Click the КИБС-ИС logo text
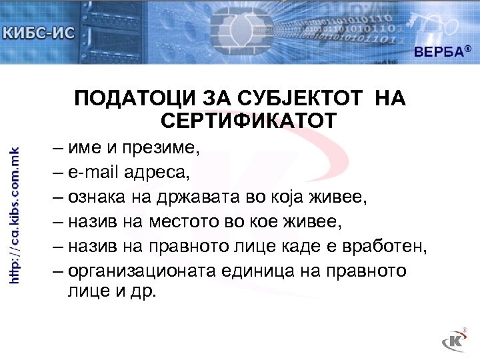(39, 31)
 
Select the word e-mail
(97, 173)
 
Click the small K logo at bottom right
(455, 341)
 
